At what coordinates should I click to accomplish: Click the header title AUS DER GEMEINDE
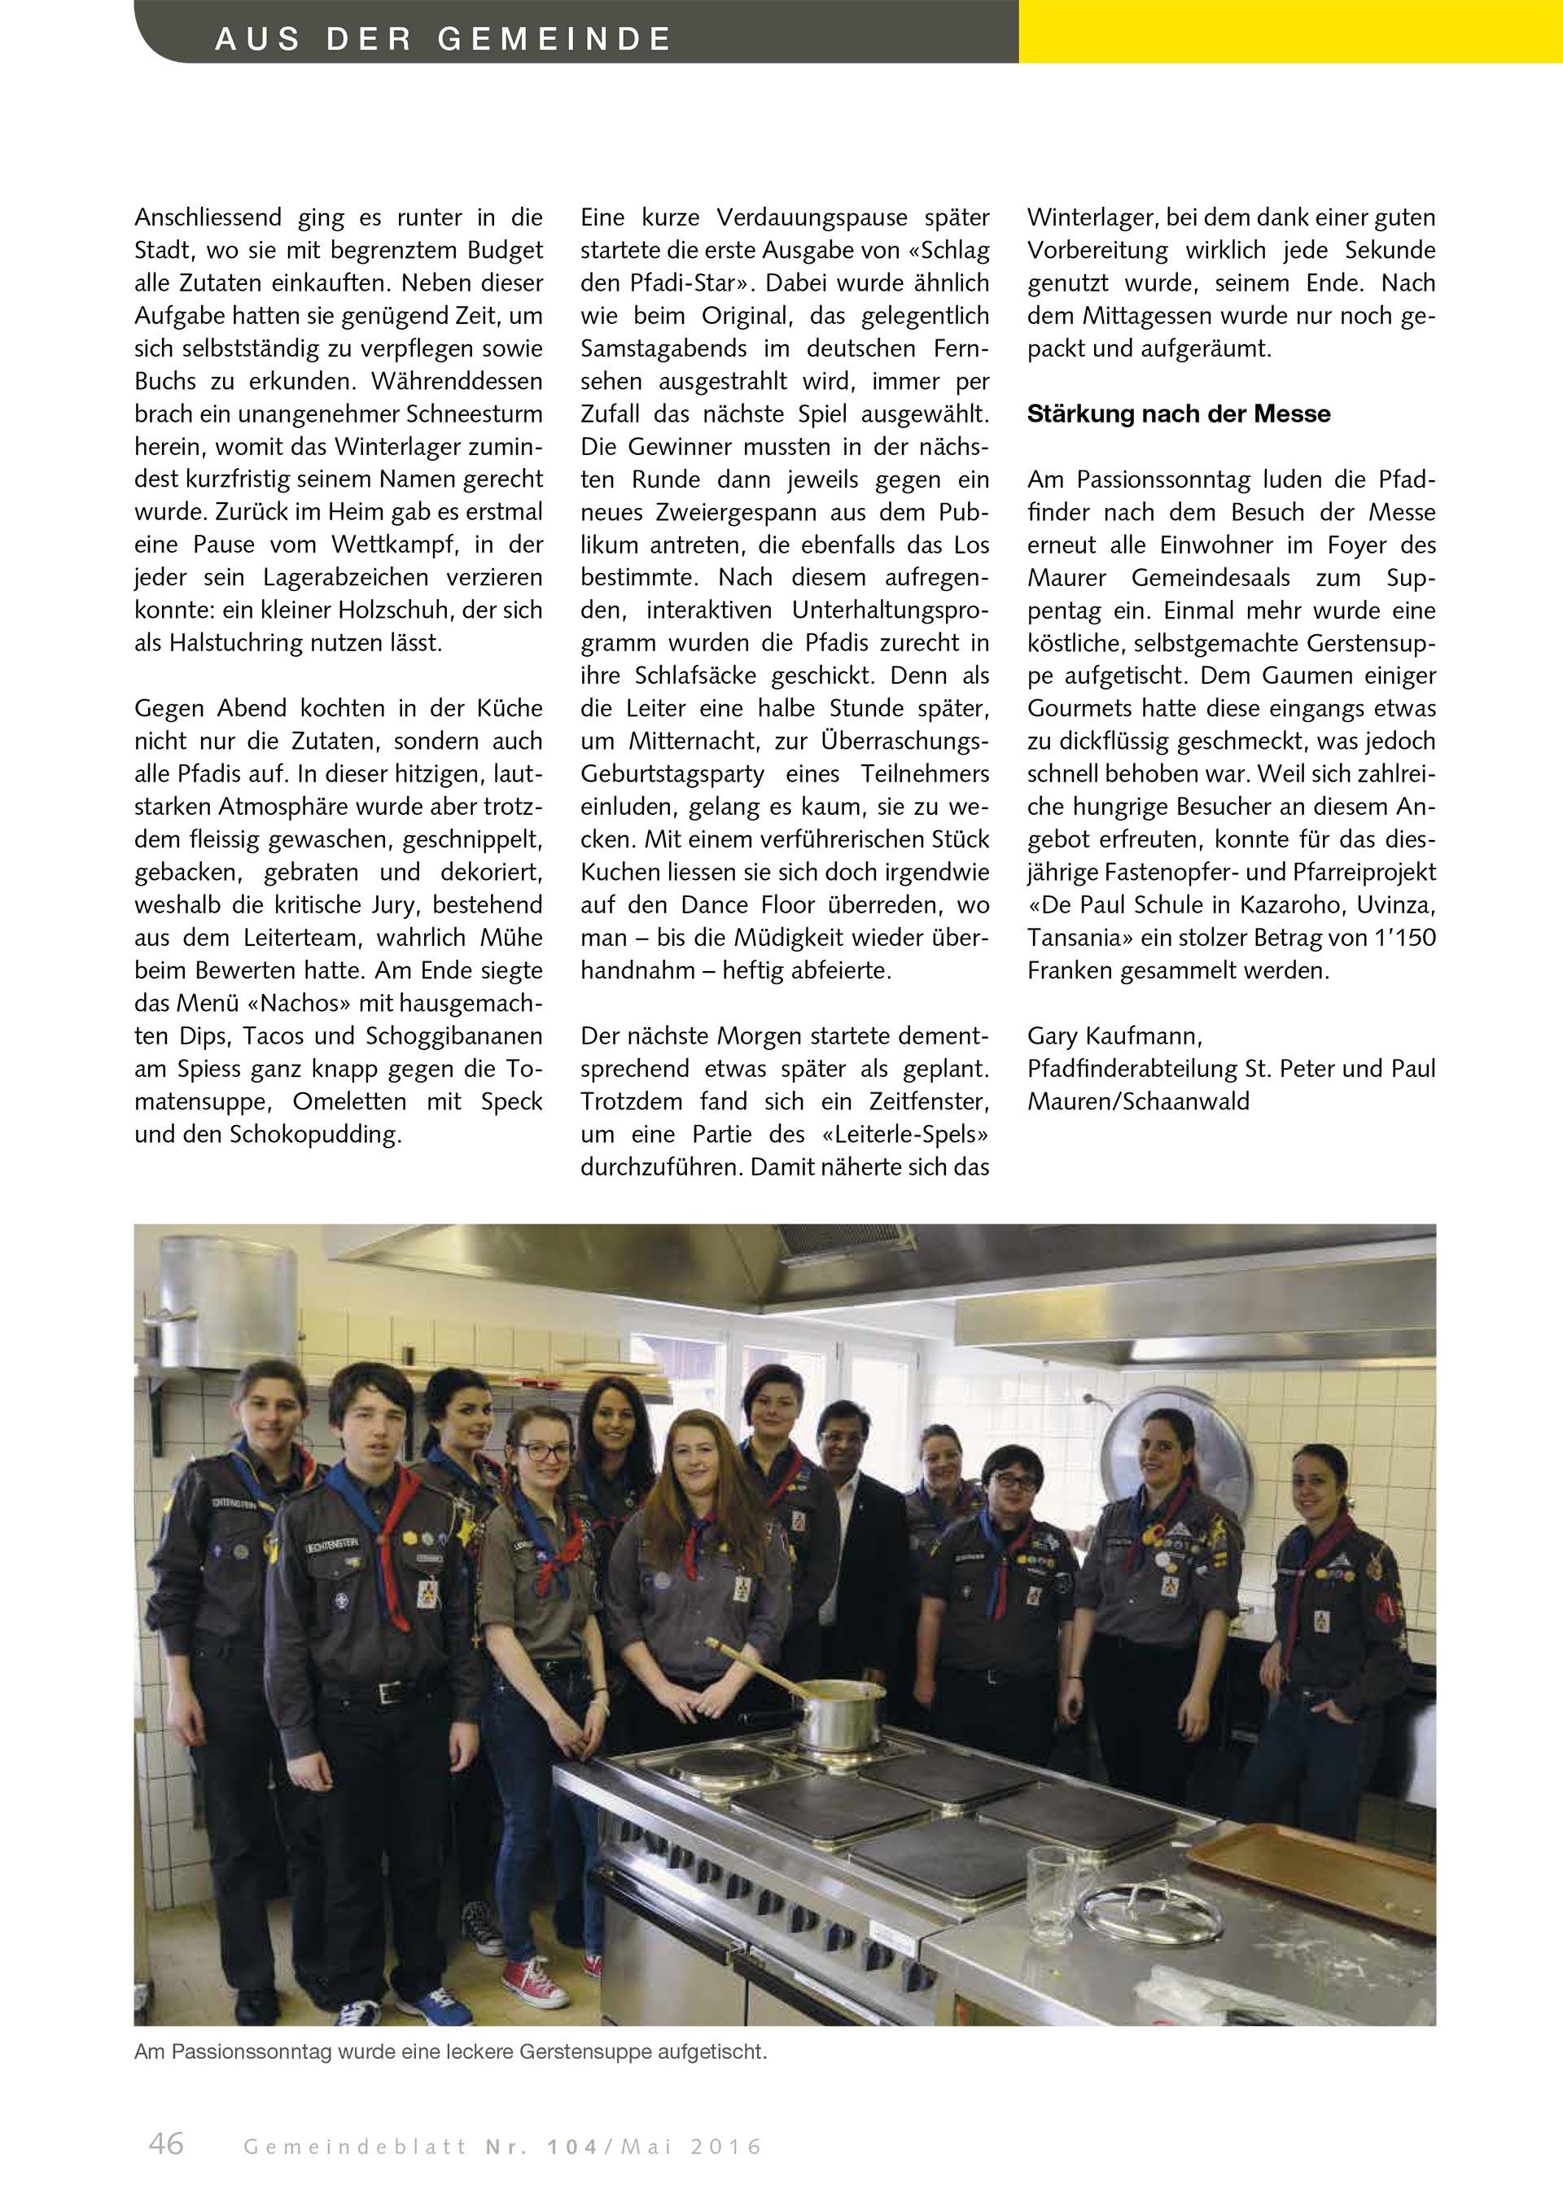pos(443,38)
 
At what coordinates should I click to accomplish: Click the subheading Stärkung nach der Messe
pos(1178,414)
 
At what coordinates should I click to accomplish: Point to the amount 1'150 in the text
pos(1400,938)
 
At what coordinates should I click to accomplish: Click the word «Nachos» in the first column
pos(299,1003)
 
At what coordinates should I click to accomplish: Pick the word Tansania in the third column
pos(1068,938)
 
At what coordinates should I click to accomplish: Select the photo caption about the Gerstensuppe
pos(450,2051)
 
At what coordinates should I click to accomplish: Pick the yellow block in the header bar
pos(1289,31)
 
